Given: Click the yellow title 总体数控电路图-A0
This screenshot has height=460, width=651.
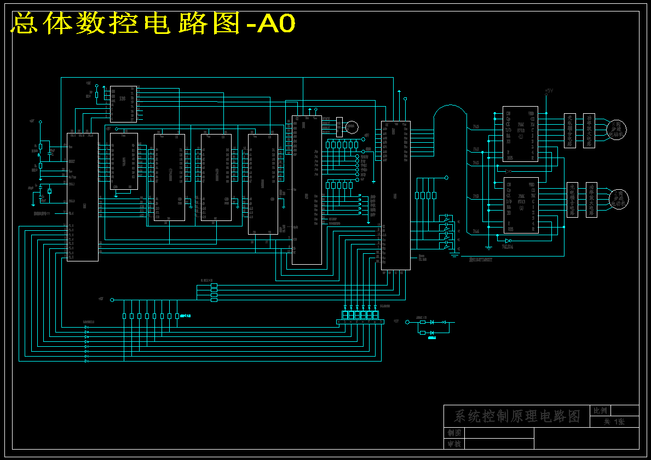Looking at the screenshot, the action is (x=153, y=24).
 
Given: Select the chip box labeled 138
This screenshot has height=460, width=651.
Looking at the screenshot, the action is (x=123, y=104).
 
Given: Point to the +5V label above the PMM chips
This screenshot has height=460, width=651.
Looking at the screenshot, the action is (x=549, y=91).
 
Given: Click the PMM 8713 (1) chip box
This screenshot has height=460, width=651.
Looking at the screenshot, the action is (x=520, y=134).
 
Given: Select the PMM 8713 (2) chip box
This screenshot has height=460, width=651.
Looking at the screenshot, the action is (x=520, y=205).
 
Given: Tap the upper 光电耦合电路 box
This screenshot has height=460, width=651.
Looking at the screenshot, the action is (x=570, y=130).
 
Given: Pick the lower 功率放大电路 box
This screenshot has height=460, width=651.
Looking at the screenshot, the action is (x=591, y=200).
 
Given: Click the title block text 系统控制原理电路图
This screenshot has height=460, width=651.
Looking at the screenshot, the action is (x=517, y=416).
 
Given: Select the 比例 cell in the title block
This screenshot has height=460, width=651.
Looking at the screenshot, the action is (x=601, y=410).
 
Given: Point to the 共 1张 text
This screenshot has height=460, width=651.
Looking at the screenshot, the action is (x=614, y=422).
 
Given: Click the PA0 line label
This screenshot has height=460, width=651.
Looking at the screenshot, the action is (x=476, y=127).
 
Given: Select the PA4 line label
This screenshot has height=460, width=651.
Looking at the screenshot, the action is (x=476, y=231).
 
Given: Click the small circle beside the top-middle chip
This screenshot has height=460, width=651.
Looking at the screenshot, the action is (x=351, y=127).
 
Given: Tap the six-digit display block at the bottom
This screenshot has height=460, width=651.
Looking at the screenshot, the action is (x=360, y=316).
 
